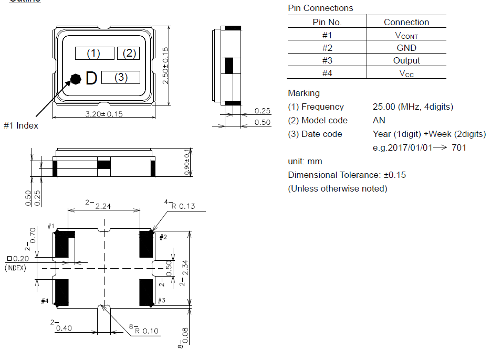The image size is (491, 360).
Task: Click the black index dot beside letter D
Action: pyautogui.click(x=76, y=79)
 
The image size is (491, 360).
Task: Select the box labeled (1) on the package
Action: pyautogui.click(x=95, y=53)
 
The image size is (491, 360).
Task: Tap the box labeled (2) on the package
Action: pyautogui.click(x=129, y=53)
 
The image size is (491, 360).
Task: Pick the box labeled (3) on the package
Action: pyautogui.click(x=121, y=78)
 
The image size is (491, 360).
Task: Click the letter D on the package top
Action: pyautogui.click(x=91, y=78)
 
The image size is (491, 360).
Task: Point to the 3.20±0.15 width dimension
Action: pyautogui.click(x=104, y=114)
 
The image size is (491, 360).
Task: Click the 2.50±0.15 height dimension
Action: pyautogui.click(x=165, y=66)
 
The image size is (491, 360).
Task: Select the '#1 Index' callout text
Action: pyautogui.click(x=21, y=126)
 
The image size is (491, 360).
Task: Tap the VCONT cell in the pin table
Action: pyautogui.click(x=406, y=35)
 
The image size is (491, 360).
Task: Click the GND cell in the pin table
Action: pyautogui.click(x=406, y=48)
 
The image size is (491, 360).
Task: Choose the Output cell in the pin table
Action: pyautogui.click(x=406, y=60)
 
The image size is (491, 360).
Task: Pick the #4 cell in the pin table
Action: pyautogui.click(x=327, y=73)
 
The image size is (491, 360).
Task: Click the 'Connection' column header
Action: pyautogui.click(x=406, y=22)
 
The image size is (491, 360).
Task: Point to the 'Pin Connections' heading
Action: pyautogui.click(x=320, y=8)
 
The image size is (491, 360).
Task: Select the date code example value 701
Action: pyautogui.click(x=458, y=147)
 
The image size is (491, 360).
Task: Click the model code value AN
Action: pyautogui.click(x=379, y=120)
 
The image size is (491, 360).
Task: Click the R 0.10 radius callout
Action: pyautogui.click(x=147, y=331)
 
